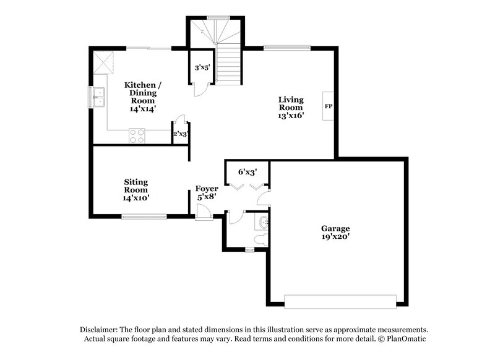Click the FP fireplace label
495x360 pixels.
coord(328,106)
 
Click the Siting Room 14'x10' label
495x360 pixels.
coord(135,190)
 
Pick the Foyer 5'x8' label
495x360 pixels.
coord(207,192)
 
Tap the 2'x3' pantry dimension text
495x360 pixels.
coord(180,134)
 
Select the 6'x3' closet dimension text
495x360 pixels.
coord(248,172)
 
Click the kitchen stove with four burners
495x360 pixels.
coord(137,135)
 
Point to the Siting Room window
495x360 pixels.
coord(144,216)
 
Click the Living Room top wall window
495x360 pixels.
coord(286,46)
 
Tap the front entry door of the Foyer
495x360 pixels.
coord(203,215)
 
